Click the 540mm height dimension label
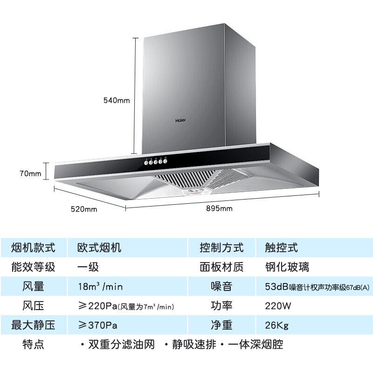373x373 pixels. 117,100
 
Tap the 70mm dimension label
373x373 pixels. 31,174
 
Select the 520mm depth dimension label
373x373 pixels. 84,209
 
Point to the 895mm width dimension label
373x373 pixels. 219,208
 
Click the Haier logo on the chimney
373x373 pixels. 181,120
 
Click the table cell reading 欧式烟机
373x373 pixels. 99,248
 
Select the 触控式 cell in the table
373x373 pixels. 278,248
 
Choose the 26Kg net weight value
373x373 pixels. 273,325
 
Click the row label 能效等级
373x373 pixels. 33,267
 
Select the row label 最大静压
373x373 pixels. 33,325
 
